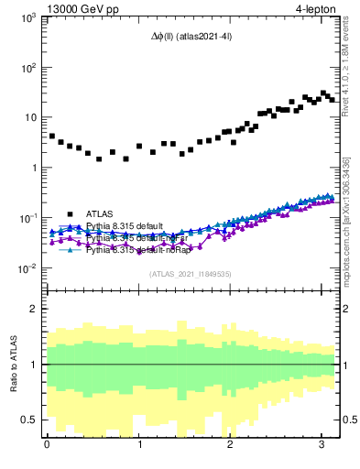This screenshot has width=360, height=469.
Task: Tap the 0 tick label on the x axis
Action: pos(47,446)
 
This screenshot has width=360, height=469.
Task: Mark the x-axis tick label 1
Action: pos(138,446)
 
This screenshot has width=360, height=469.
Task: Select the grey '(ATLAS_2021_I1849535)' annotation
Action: pos(191,273)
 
